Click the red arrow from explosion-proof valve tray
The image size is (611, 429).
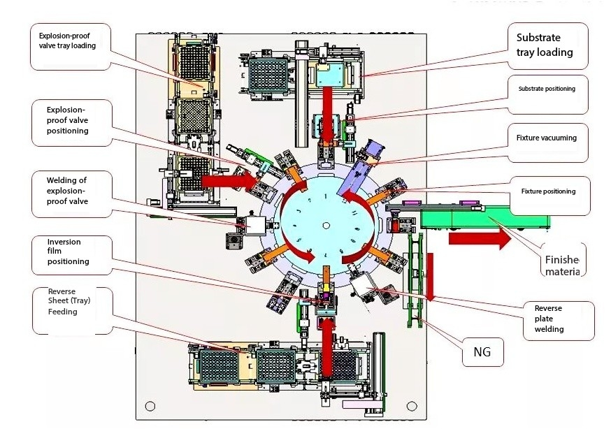point(229,180)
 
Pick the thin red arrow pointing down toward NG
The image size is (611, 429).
point(430,274)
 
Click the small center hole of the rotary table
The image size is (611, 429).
point(326,225)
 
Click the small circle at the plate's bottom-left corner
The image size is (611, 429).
point(150,406)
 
